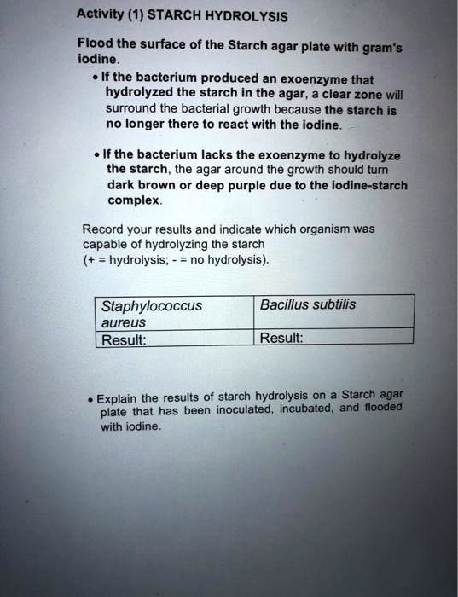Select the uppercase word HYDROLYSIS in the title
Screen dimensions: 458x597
247,16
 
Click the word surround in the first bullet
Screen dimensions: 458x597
130,110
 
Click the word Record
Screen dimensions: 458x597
102,229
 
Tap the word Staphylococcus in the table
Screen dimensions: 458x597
151,305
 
